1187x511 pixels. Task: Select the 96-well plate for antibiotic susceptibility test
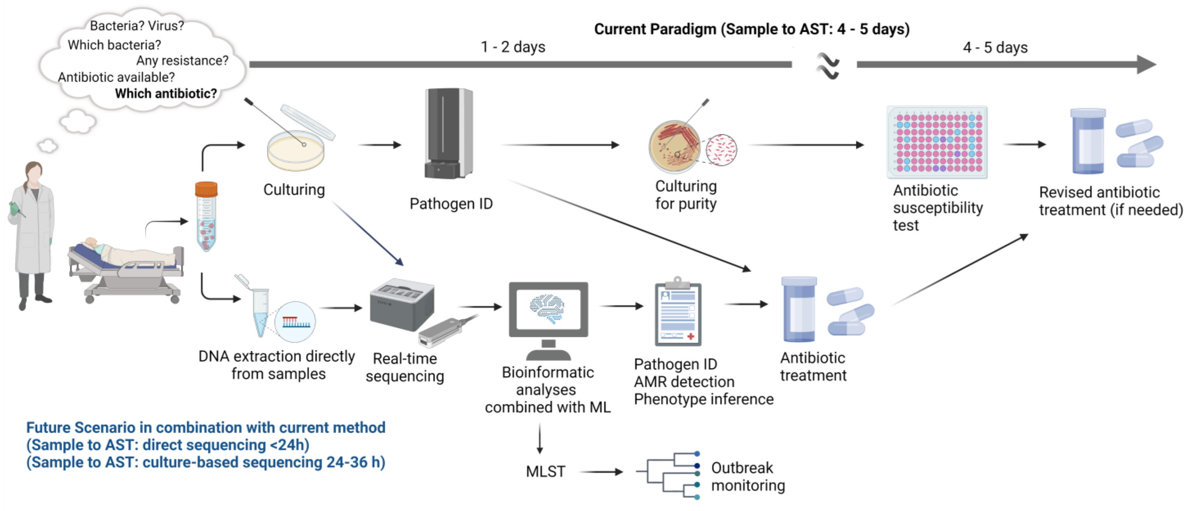click(937, 142)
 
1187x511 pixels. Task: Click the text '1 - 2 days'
click(513, 47)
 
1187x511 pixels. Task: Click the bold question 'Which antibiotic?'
click(166, 93)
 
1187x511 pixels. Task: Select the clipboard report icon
click(678, 313)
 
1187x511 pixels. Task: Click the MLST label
click(546, 472)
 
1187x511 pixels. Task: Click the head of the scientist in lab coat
click(33, 172)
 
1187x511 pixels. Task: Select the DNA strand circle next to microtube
click(295, 321)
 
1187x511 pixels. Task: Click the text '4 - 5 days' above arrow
click(995, 47)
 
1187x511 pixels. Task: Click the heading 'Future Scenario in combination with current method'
click(205, 428)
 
